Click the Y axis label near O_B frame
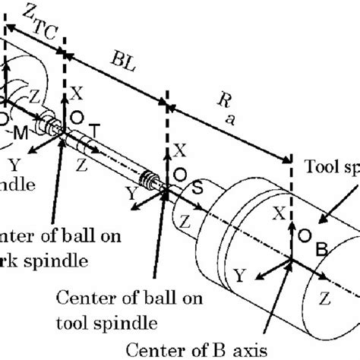click(239, 273)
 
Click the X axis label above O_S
click(179, 149)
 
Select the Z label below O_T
click(81, 163)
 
